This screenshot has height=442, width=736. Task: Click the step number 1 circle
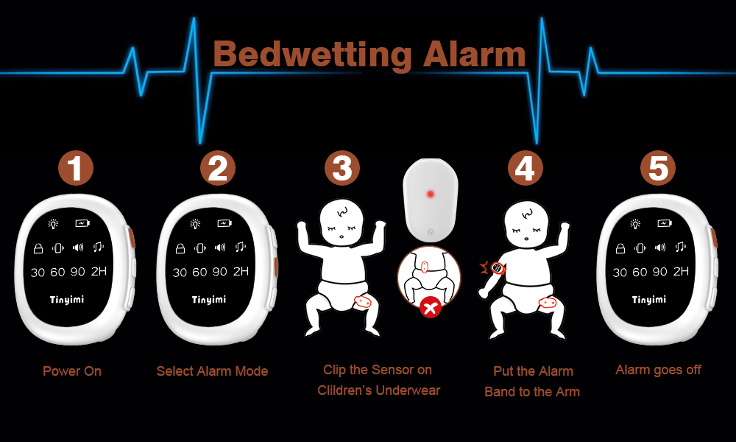(x=75, y=169)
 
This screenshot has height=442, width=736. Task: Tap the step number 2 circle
(x=217, y=169)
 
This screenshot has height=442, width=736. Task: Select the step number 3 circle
(x=342, y=169)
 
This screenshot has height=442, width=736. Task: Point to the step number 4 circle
(x=524, y=169)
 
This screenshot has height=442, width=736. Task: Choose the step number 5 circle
(x=657, y=169)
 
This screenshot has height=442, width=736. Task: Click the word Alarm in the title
(x=475, y=55)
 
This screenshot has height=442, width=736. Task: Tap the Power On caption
(x=72, y=371)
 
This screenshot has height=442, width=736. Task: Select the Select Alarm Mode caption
(x=212, y=371)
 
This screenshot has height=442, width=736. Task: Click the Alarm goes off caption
(x=658, y=370)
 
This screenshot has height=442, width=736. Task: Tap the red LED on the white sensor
(x=431, y=195)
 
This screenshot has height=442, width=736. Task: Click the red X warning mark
(x=430, y=308)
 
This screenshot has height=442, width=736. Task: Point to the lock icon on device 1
(x=38, y=248)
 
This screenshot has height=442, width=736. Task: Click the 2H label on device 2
(x=241, y=272)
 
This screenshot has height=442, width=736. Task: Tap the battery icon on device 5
(x=665, y=223)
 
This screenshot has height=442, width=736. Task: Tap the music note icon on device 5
(x=681, y=248)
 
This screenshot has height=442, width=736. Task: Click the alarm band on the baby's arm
(x=498, y=269)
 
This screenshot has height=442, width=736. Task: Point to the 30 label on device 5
(x=620, y=273)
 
